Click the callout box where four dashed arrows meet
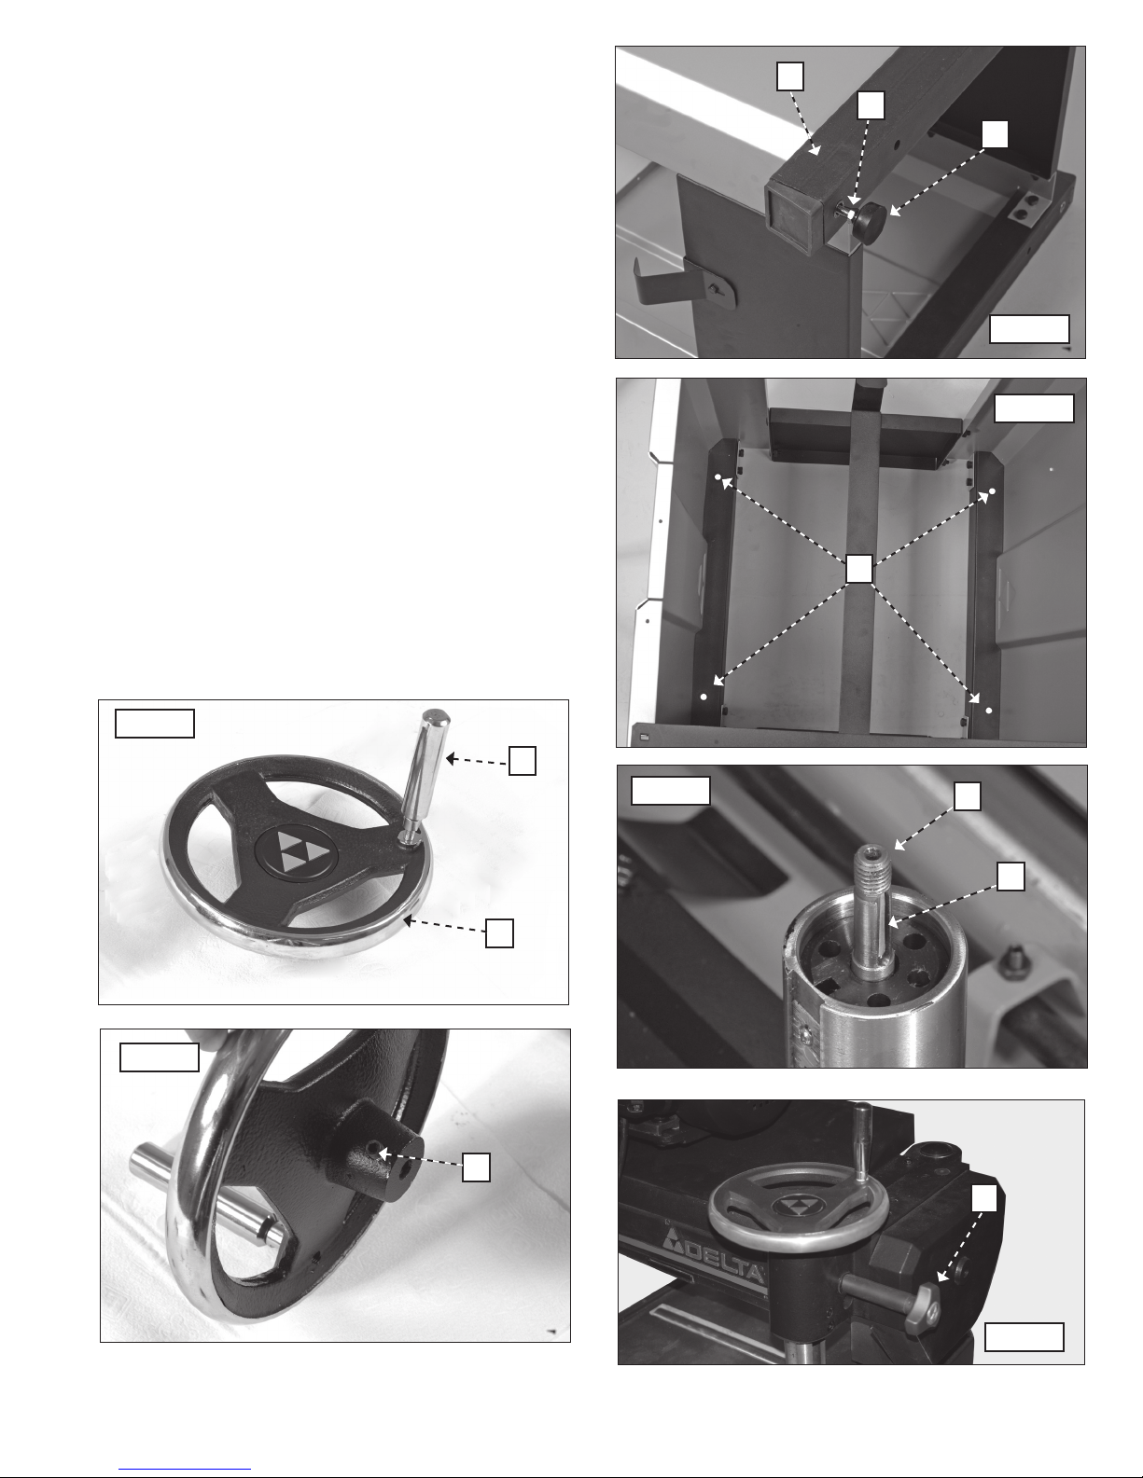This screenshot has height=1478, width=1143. tap(859, 569)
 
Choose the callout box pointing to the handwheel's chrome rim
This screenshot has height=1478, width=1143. tap(499, 932)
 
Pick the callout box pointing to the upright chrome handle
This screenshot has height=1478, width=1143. tap(523, 760)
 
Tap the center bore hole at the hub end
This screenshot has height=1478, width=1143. tap(406, 1169)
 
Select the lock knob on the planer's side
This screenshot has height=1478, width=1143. tap(922, 1304)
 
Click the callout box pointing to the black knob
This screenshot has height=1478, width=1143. tap(995, 134)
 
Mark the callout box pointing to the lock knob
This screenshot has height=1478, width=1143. tap(983, 1197)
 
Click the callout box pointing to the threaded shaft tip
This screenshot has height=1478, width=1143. tap(967, 796)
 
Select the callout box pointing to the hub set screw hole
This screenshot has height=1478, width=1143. tap(476, 1167)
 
